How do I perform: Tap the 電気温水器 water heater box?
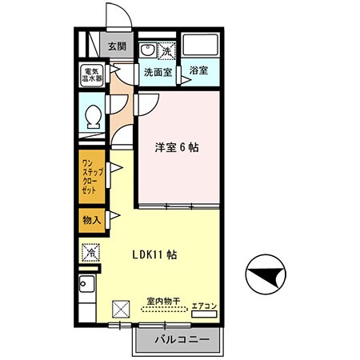(93, 76)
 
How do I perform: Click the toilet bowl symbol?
(94, 117)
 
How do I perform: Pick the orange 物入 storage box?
(92, 219)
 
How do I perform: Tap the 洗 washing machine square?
(166, 50)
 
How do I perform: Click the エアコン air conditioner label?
(205, 305)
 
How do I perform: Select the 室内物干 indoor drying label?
(163, 302)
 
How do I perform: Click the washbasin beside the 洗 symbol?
(147, 50)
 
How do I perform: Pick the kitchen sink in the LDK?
(87, 286)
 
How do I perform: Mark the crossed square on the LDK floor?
(122, 308)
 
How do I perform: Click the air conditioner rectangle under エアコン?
(205, 315)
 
